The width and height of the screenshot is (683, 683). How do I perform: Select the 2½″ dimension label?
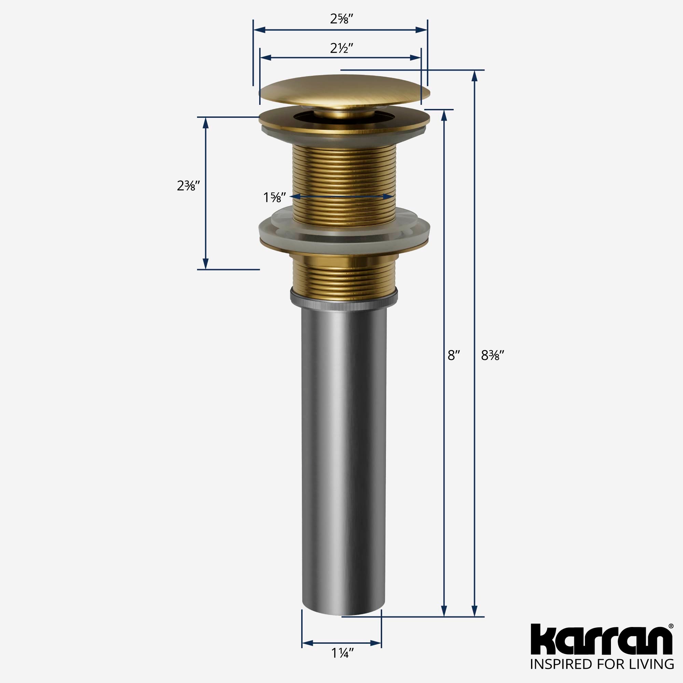click(x=341, y=48)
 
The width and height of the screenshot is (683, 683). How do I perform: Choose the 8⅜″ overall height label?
click(x=492, y=355)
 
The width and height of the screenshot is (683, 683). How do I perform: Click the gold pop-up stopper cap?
click(x=345, y=90)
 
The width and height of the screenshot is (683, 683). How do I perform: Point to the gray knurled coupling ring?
click(x=344, y=298)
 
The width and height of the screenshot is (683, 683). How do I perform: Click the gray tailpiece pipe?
click(x=344, y=442)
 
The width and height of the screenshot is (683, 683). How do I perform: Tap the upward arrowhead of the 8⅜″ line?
click(x=475, y=76)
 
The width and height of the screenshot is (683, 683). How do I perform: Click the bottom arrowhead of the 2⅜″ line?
click(x=205, y=264)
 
